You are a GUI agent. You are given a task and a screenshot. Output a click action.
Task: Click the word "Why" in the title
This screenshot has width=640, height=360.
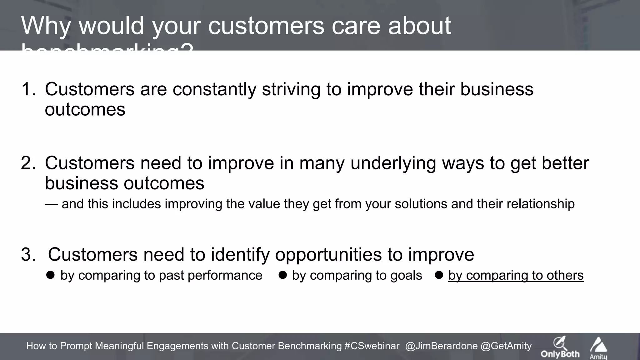click(x=46, y=26)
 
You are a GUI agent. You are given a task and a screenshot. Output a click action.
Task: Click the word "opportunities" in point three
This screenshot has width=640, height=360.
click(x=328, y=254)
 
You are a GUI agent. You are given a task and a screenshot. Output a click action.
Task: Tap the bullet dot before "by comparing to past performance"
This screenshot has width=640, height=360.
click(x=50, y=275)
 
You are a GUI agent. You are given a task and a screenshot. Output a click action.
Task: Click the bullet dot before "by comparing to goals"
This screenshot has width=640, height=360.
click(x=282, y=275)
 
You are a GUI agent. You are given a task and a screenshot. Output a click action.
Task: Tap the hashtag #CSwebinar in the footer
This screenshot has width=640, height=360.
click(x=372, y=346)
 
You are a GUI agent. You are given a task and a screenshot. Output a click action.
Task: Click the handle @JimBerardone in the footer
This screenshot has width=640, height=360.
click(x=441, y=346)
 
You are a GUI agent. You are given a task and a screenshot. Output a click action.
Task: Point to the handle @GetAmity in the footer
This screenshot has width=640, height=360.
click(x=506, y=346)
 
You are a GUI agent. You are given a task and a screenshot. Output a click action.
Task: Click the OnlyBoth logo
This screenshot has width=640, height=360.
click(x=560, y=347)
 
